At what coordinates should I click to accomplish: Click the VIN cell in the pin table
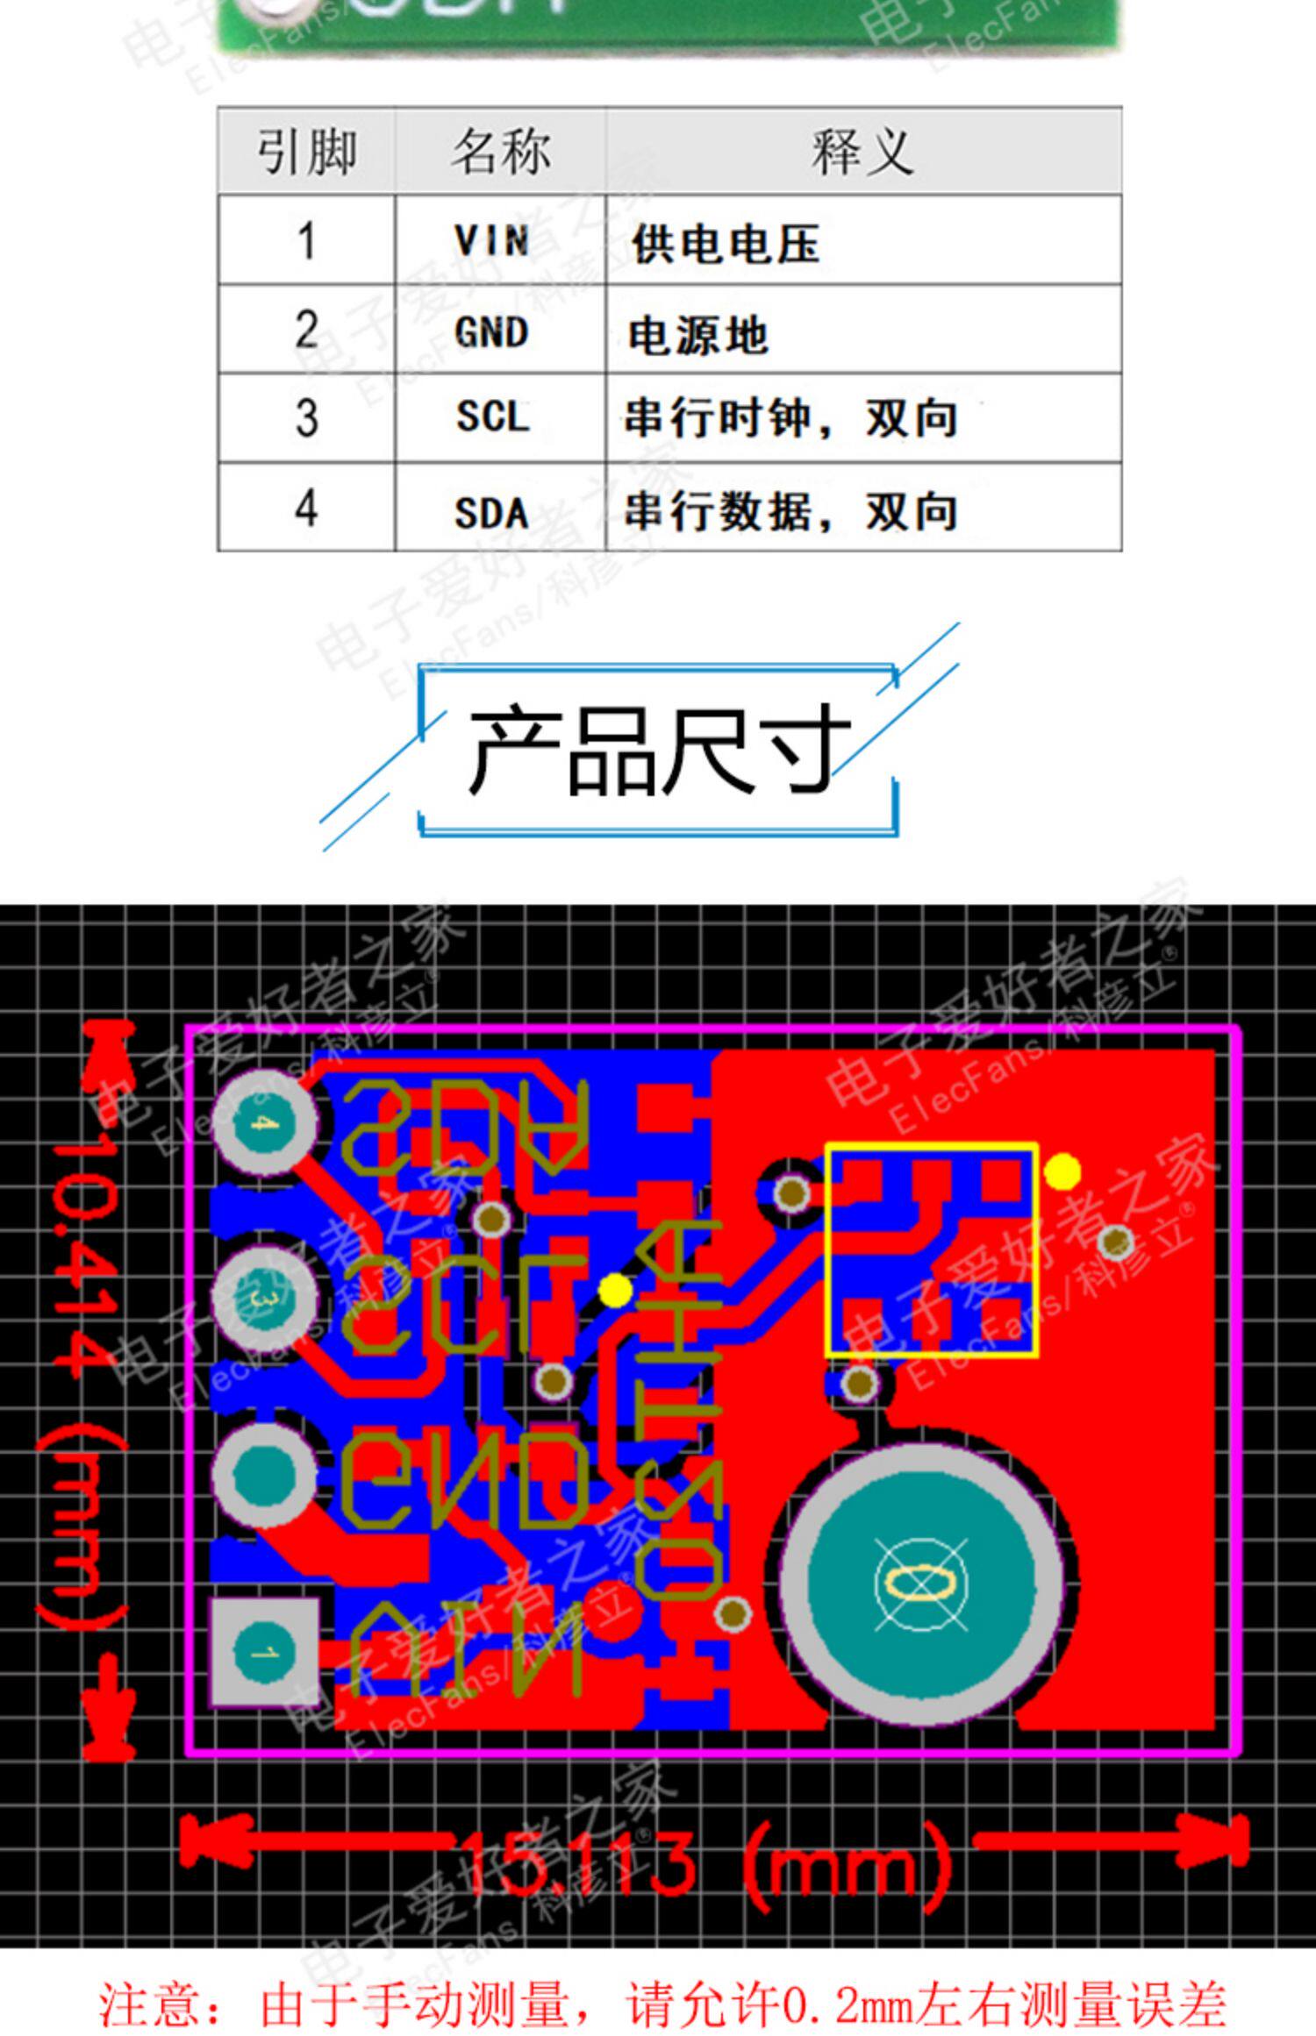[x=491, y=240]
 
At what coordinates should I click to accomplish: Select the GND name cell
[x=491, y=331]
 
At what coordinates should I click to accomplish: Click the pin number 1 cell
[x=305, y=240]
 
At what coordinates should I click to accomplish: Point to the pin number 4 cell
[x=305, y=508]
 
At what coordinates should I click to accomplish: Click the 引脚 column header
[x=306, y=152]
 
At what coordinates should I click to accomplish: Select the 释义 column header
[x=862, y=152]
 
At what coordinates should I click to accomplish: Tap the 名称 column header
[x=500, y=152]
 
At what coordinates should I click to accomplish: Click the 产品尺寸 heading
[x=658, y=751]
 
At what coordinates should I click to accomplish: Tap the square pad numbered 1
[x=263, y=1654]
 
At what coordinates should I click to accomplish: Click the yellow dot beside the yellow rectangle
[x=1063, y=1172]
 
